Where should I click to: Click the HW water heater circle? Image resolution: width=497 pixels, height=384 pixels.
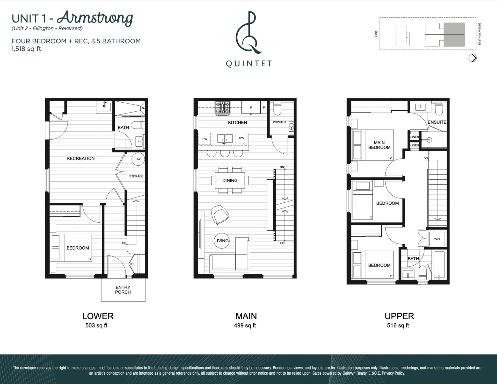point(138,159)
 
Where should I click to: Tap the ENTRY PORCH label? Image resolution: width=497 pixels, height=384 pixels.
point(123,290)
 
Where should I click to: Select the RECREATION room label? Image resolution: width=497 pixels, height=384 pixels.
point(81,158)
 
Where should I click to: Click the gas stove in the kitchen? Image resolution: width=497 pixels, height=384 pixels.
point(222,108)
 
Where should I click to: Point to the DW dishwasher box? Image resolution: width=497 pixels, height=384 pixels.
point(204,139)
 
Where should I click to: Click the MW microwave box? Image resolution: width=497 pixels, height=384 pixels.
point(241,138)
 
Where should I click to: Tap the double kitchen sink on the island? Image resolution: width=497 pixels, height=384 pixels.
point(224,139)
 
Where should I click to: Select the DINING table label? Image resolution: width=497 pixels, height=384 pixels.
point(230,181)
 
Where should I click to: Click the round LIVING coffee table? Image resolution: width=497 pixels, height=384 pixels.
point(222,241)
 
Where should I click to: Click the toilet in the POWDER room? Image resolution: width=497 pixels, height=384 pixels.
point(277,108)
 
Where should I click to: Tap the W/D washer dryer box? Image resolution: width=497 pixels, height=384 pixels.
point(437,239)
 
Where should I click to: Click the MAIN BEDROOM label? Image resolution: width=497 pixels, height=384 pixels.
point(379,145)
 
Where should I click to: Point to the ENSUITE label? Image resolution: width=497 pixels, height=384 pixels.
point(437,122)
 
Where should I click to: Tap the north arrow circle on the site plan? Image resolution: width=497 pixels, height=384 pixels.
point(472,58)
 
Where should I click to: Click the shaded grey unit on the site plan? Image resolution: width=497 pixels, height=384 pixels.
point(454,34)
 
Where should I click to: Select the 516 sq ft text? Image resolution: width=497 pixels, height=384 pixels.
point(398,325)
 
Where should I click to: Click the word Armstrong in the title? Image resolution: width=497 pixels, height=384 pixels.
point(95,18)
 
